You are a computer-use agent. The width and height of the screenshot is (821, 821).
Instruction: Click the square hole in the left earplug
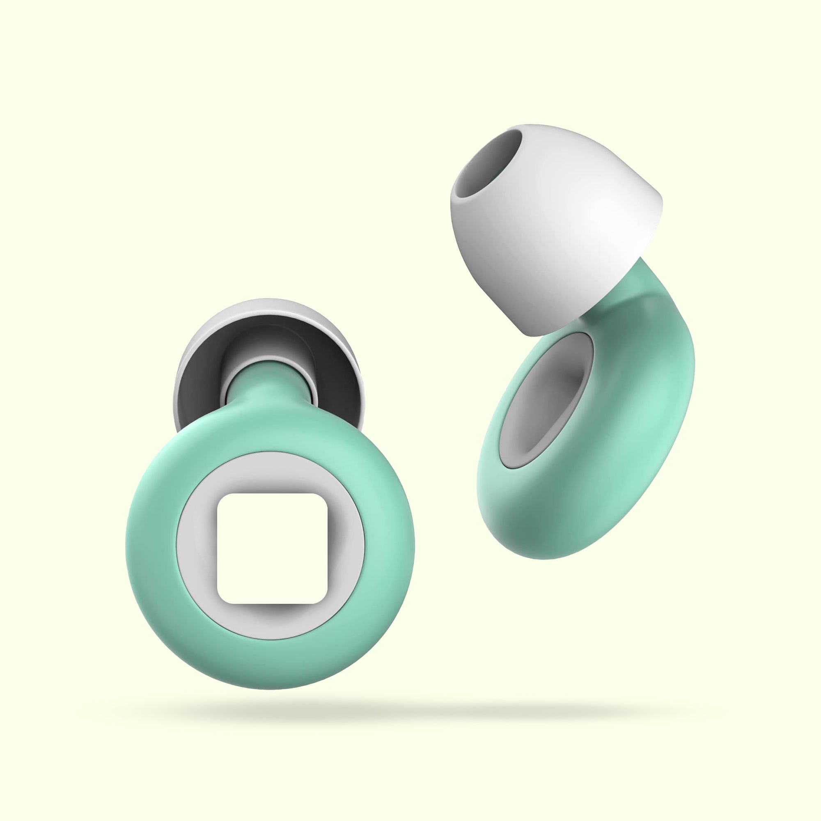click(x=272, y=548)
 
